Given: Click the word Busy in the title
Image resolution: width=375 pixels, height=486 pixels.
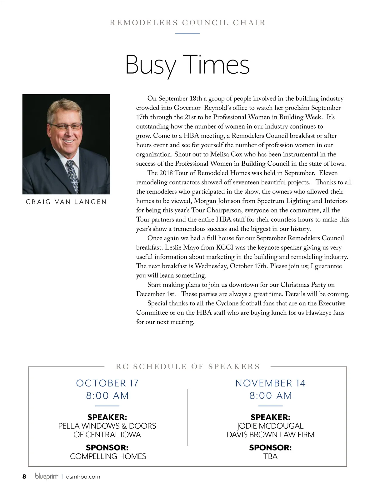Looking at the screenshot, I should click(x=151, y=65).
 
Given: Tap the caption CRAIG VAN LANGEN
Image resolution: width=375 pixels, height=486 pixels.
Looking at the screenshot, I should click(x=66, y=202).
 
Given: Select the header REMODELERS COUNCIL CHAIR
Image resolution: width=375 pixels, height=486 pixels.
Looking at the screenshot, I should click(x=187, y=23).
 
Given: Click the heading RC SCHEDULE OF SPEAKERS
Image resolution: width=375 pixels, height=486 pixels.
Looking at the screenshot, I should click(x=188, y=367).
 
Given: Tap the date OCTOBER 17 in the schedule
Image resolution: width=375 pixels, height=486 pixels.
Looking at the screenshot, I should click(x=107, y=383).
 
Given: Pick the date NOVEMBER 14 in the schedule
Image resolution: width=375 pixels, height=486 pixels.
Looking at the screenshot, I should click(x=270, y=383).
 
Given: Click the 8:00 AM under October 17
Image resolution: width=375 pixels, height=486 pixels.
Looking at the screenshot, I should click(x=107, y=396).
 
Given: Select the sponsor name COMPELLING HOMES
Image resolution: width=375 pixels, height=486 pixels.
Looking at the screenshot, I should click(x=108, y=456).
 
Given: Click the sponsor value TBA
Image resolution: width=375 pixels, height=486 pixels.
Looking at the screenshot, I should click(x=270, y=456).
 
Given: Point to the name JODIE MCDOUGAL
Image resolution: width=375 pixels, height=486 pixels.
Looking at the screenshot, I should click(x=270, y=426).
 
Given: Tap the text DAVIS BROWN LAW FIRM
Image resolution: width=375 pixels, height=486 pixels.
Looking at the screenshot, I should click(x=270, y=435).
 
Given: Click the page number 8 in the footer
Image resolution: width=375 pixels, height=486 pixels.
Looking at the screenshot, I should click(x=24, y=476).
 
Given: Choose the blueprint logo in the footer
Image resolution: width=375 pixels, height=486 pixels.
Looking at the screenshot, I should click(x=46, y=476).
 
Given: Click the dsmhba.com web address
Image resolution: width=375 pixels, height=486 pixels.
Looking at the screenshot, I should click(x=83, y=477).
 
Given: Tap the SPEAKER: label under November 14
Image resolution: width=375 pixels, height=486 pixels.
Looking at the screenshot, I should click(x=270, y=417).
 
